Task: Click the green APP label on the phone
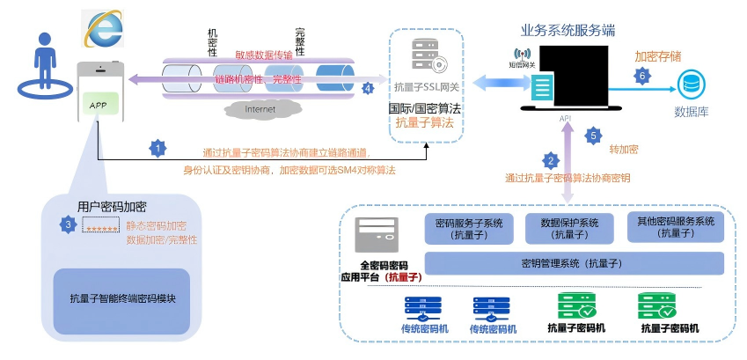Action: click(98, 105)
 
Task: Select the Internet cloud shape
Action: click(259, 109)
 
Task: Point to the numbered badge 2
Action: click(551, 160)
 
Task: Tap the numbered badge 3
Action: click(69, 224)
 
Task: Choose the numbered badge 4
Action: click(368, 88)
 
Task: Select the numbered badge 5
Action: click(593, 136)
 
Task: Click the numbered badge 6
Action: click(642, 77)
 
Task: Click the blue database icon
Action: click(690, 85)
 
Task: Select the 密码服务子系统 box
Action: click(470, 229)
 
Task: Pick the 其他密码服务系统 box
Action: click(676, 227)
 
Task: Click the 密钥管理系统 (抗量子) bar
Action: click(574, 263)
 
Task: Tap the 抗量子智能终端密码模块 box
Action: click(122, 298)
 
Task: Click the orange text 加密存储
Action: click(657, 55)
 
